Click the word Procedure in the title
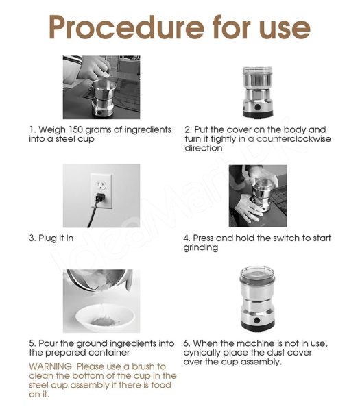click(x=126, y=27)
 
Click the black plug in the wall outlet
click(x=99, y=197)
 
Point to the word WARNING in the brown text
click(x=50, y=366)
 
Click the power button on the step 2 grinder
click(x=257, y=108)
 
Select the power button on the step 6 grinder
click(x=257, y=321)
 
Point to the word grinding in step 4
click(x=201, y=248)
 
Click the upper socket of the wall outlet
click(x=101, y=186)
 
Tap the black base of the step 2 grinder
click(x=258, y=114)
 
